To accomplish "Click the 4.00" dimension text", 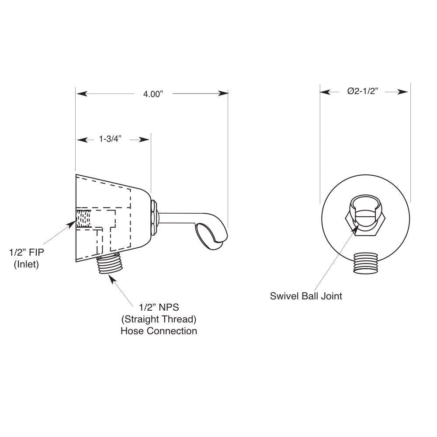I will click(153, 94).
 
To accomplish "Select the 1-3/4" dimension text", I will click(110, 139).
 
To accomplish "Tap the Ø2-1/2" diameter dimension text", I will click(362, 91).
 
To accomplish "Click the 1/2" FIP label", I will click(27, 253).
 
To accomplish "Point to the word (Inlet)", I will click(26, 264).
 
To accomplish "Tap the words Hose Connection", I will click(159, 331).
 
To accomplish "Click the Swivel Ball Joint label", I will click(306, 296).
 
